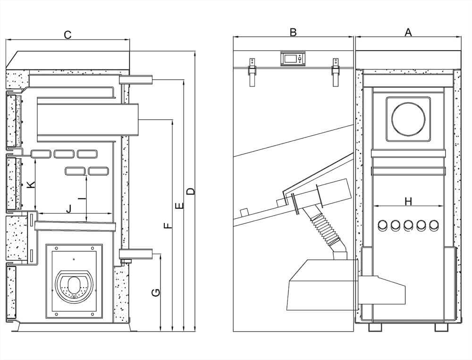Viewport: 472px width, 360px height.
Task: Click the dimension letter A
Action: pos(409,32)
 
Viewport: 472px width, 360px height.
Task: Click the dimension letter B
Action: pos(293,32)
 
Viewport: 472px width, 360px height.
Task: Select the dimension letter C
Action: pos(67,34)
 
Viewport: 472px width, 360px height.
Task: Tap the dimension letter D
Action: pos(191,191)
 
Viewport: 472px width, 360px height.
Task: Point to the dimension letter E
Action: pos(179,206)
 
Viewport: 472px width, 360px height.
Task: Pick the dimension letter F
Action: pos(168,225)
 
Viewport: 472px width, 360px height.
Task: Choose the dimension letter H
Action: pos(408,202)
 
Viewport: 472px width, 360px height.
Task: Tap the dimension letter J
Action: pos(69,208)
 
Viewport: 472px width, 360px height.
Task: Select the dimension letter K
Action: pos(30,185)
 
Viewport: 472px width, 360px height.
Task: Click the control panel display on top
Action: pos(293,59)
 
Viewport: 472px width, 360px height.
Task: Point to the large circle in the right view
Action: pos(409,119)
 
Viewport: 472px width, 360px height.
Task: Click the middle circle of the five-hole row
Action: pos(409,226)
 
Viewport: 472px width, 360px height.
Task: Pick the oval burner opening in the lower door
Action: pos(74,285)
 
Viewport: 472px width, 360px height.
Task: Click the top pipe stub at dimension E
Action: pos(137,80)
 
